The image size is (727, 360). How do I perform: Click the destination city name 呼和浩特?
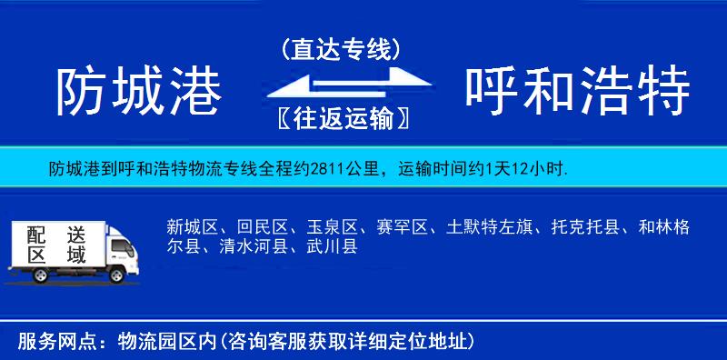tap(578, 91)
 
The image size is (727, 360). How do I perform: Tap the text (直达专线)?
tap(342, 48)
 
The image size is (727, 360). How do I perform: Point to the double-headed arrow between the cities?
tap(342, 85)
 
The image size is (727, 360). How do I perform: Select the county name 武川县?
tap(329, 245)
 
